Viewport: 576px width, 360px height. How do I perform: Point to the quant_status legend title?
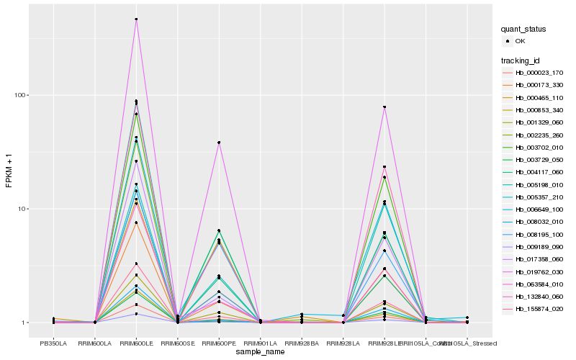[524, 29]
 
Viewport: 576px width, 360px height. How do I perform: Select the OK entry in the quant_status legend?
[521, 41]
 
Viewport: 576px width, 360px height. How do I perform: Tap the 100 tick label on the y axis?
[20, 95]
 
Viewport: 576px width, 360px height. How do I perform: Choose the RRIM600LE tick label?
[136, 343]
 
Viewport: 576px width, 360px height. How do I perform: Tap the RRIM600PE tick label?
[219, 343]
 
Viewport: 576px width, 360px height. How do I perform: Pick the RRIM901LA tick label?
[260, 343]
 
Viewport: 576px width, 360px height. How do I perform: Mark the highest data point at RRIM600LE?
[136, 19]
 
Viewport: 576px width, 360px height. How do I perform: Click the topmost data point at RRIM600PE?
[219, 143]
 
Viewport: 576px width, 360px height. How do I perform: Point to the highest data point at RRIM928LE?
[384, 107]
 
